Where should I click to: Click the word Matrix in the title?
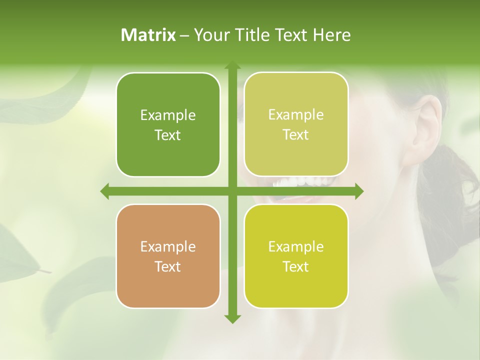point(148,35)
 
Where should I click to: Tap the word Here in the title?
point(331,35)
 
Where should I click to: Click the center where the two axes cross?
point(232,191)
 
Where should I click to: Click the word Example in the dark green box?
point(168,115)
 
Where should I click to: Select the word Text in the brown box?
point(168,266)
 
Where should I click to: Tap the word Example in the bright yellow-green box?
point(296,246)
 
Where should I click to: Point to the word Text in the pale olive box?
point(296,134)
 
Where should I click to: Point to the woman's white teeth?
point(300,181)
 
